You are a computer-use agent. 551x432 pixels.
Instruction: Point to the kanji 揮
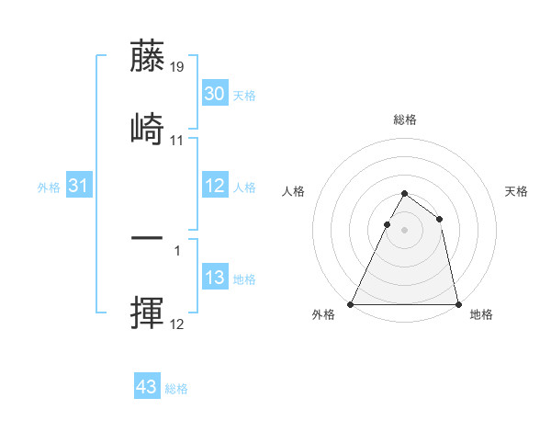(147, 313)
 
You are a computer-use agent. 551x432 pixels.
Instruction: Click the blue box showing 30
(214, 93)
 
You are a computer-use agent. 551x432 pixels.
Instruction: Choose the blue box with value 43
(146, 387)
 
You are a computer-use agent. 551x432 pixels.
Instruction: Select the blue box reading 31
(78, 186)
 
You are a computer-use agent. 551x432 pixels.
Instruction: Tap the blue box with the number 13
(214, 278)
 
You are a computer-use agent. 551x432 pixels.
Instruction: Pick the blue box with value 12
(214, 186)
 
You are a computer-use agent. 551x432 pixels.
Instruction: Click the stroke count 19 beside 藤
(177, 66)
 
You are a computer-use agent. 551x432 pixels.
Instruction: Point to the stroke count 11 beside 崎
(177, 141)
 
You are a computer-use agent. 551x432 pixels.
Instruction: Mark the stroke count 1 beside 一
(177, 250)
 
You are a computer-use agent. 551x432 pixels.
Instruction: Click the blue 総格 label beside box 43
(176, 389)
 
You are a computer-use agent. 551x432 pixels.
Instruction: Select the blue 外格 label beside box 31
(49, 188)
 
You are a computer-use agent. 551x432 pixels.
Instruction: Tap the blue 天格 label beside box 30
(244, 95)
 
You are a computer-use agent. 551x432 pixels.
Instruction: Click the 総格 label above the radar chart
(405, 119)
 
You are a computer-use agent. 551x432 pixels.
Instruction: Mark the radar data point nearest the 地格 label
(457, 304)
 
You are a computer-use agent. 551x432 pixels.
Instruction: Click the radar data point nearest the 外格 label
(352, 304)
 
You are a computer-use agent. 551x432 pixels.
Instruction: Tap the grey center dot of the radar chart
(405, 230)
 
